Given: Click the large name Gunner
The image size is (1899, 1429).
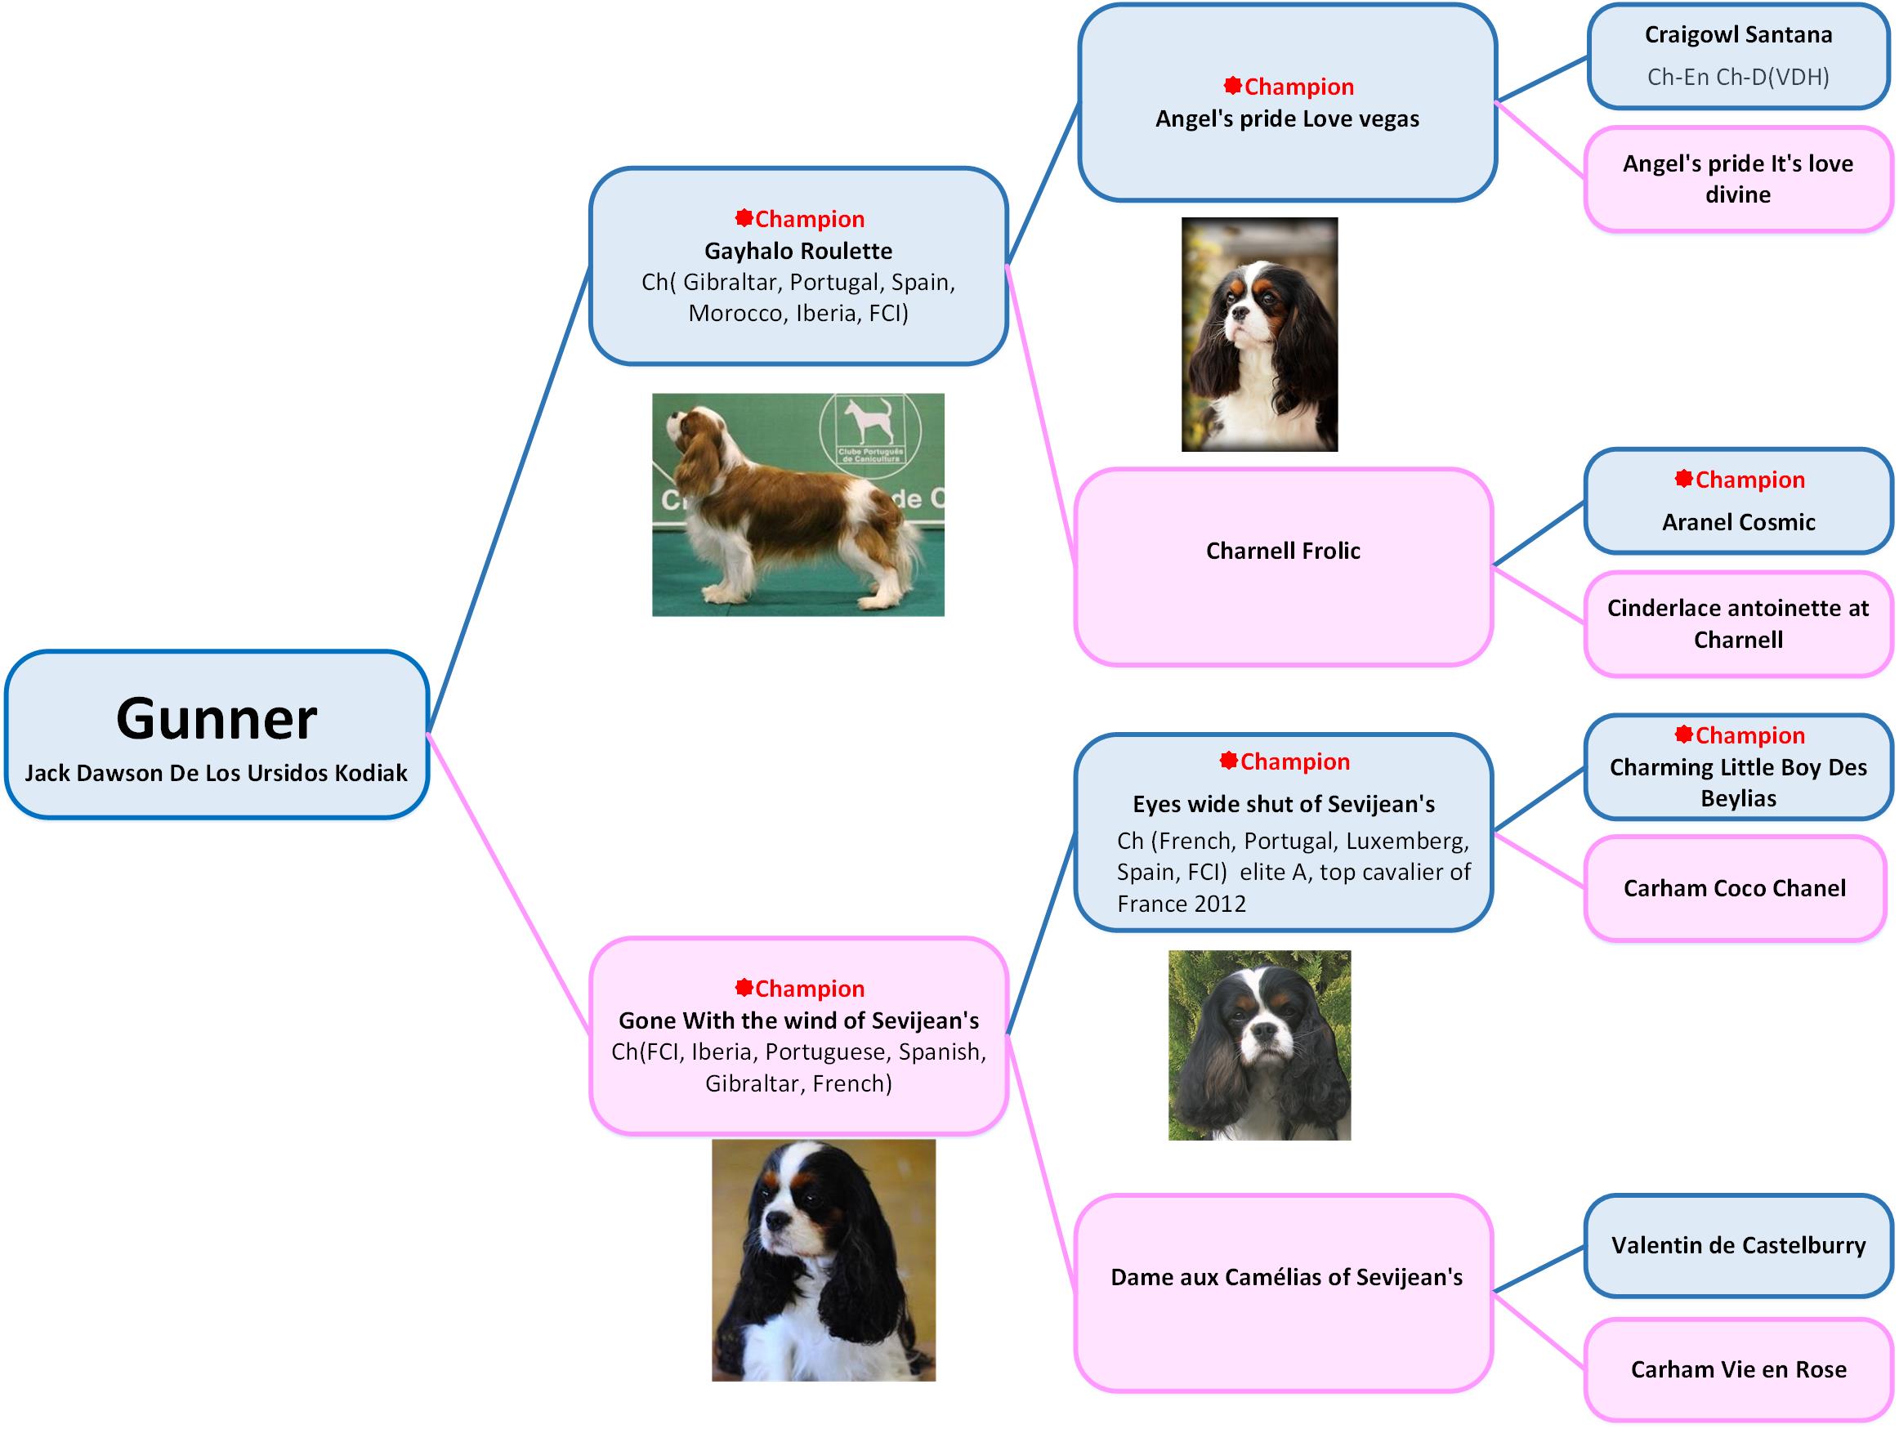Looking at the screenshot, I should pyautogui.click(x=217, y=718).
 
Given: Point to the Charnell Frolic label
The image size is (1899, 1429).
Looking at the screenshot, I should pyautogui.click(x=1283, y=551).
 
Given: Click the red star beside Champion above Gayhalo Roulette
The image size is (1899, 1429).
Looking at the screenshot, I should pyautogui.click(x=744, y=218).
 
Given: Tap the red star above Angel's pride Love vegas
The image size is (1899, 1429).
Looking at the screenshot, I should pyautogui.click(x=1233, y=86).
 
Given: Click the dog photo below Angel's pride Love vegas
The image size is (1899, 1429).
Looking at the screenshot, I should pyautogui.click(x=1258, y=335).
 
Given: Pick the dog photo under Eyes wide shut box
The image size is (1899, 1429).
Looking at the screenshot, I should pyautogui.click(x=1258, y=1044).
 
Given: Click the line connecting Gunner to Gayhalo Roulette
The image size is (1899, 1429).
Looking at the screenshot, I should pyautogui.click(x=508, y=498).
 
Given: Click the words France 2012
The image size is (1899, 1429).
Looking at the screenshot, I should pyautogui.click(x=1182, y=904).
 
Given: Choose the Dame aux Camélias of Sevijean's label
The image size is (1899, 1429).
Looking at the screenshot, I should pyautogui.click(x=1286, y=1277).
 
